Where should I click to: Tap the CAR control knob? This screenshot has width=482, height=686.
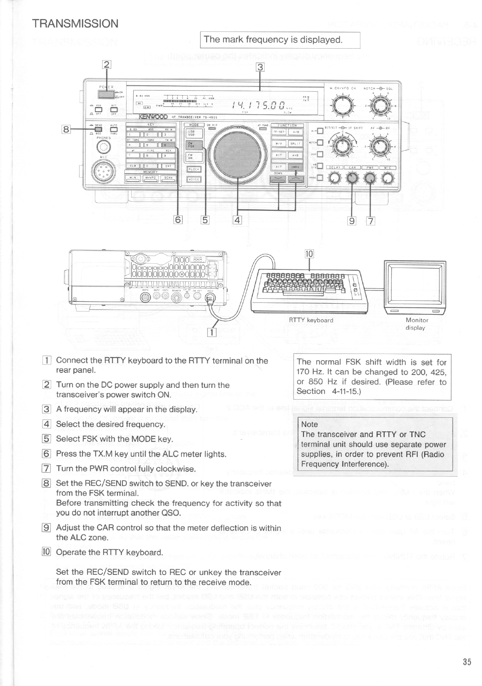(351, 178)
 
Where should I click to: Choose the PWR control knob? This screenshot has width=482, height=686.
(370, 178)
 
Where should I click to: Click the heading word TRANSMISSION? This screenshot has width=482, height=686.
(76, 23)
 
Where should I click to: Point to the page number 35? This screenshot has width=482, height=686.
(467, 662)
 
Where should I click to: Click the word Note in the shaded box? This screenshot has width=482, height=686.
(310, 424)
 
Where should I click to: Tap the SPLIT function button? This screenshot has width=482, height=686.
(295, 144)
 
